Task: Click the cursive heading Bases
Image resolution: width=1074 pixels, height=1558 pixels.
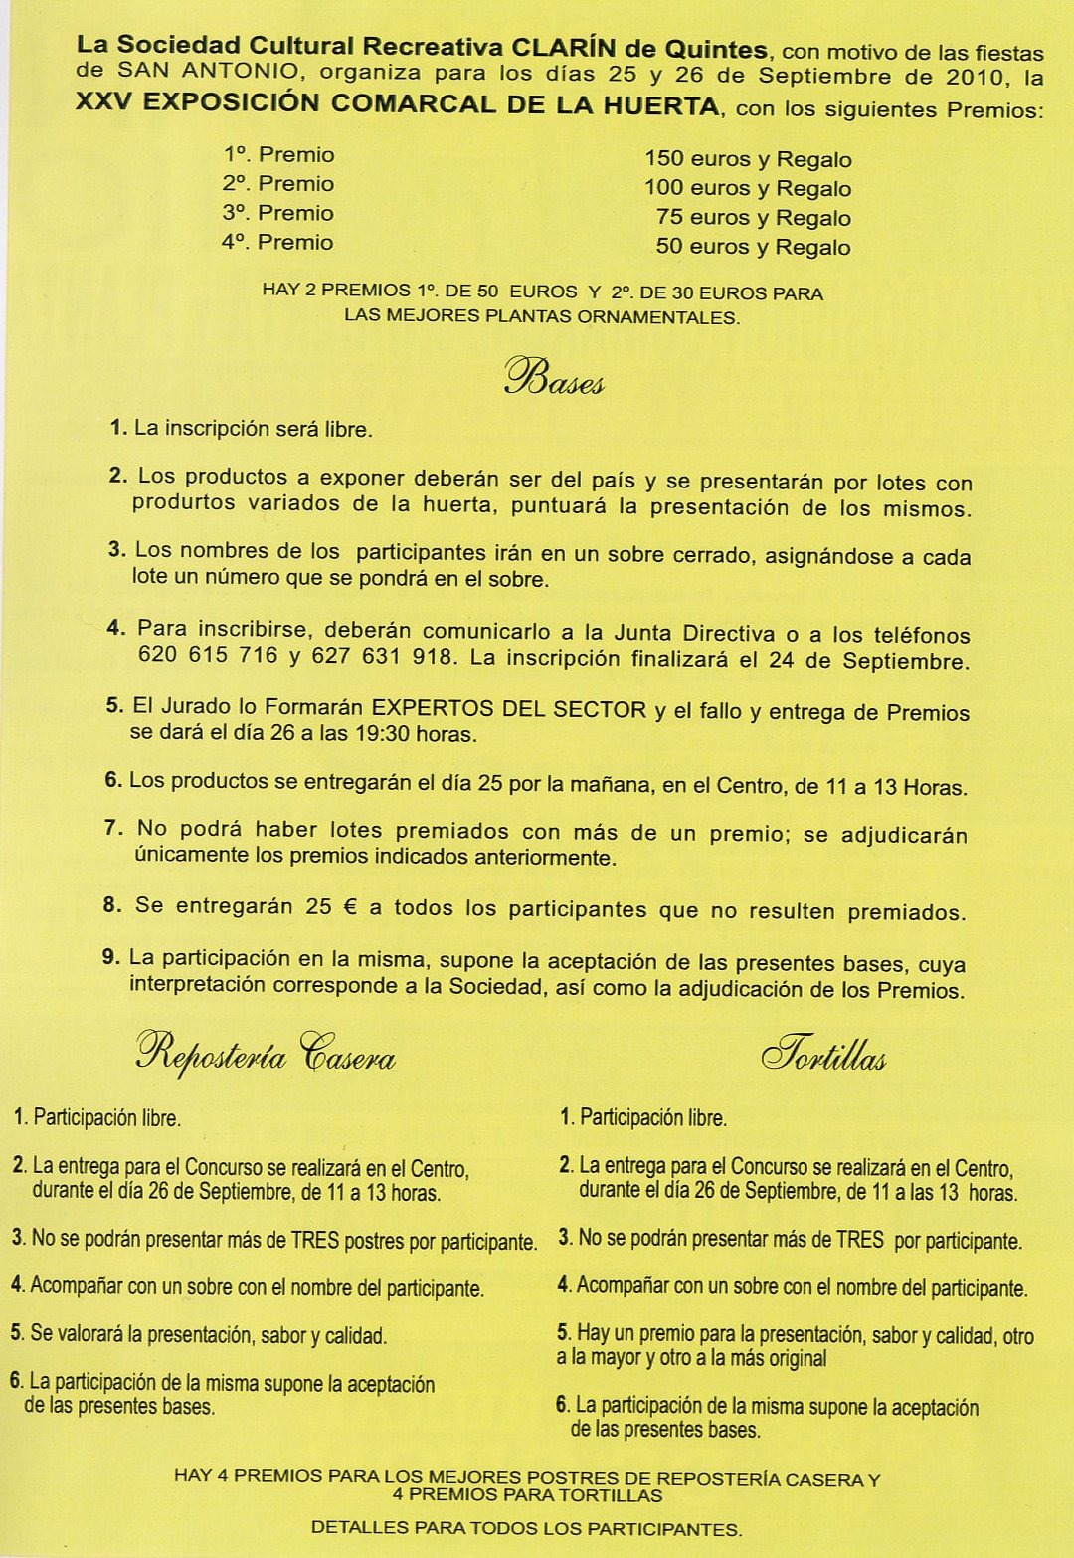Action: coord(554,378)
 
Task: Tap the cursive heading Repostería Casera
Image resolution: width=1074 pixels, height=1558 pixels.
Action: coord(266,1053)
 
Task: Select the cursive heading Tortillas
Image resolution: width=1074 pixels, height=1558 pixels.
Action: coord(823,1055)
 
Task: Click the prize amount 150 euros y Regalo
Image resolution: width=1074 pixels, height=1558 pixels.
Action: coord(748,159)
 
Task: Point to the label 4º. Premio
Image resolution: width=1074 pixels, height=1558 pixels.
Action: coord(277,242)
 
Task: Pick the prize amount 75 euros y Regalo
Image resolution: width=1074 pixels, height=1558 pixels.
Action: coord(753,218)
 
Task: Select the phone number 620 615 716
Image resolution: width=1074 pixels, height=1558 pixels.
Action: coord(208,655)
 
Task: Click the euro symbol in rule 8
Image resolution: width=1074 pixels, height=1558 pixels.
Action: coord(350,907)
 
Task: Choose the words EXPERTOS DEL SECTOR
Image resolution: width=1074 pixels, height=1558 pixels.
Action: coord(509,709)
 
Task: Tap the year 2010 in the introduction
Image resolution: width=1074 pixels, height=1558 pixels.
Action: coord(976,78)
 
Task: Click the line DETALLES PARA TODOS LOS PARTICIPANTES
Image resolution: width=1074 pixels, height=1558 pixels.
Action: coord(526,1528)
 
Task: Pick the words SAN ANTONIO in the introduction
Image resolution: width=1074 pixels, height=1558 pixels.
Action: coord(208,71)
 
